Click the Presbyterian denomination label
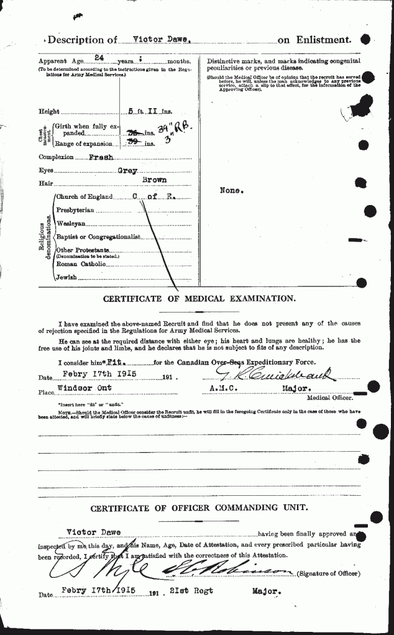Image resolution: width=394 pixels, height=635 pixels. pyautogui.click(x=76, y=211)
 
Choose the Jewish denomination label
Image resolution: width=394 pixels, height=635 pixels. pyautogui.click(x=66, y=277)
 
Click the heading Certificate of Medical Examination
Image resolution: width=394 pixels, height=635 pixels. pyautogui.click(x=199, y=298)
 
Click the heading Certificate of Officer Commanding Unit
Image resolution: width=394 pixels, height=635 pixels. pyautogui.click(x=199, y=508)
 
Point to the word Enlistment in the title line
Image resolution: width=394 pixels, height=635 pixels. pyautogui.click(x=323, y=40)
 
